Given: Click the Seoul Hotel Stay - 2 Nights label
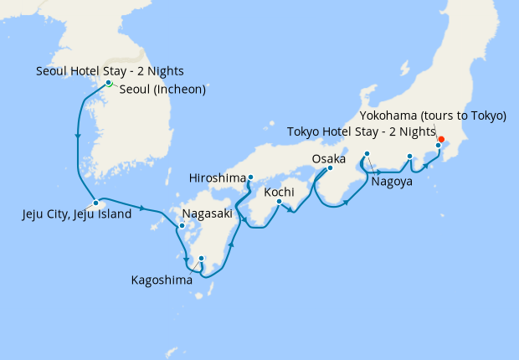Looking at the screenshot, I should point(110,71).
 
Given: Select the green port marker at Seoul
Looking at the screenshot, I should point(109,83).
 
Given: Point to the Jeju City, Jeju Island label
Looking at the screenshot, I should point(77,214).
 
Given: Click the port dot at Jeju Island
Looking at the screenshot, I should point(96,203).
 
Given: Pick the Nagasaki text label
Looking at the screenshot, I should point(207,213).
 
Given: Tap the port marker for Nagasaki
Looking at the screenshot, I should point(181,226).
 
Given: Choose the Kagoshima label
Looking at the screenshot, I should point(162,280).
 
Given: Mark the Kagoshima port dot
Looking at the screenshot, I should point(201,258).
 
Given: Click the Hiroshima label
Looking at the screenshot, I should point(219,178).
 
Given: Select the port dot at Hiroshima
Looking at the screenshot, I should point(250,177).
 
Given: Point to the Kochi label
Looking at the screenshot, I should point(279,193).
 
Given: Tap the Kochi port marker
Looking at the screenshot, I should point(280,201).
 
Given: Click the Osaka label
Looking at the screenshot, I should point(328,158).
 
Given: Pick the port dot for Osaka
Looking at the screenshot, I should point(329,168).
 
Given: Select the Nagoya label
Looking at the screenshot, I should point(393,181).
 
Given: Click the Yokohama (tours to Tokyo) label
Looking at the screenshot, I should point(433,116).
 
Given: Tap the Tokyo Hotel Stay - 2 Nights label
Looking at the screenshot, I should point(362,131).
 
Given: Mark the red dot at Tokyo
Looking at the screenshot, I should point(441,139).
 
